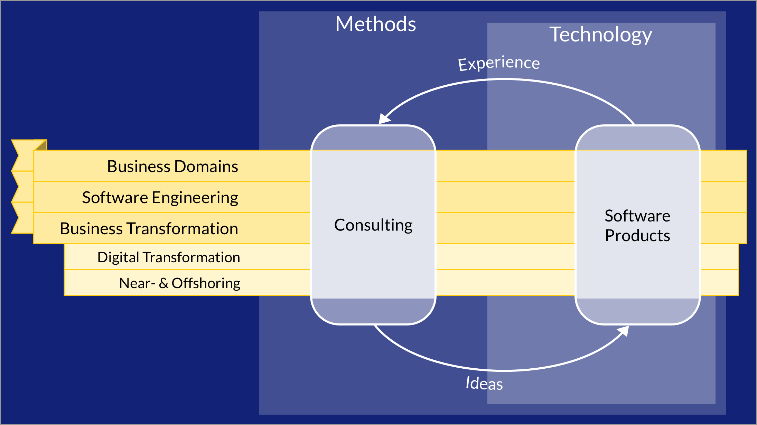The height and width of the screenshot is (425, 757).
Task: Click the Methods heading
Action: (x=376, y=24)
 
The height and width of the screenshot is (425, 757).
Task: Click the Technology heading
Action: (x=601, y=35)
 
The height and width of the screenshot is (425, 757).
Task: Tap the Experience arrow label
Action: (x=499, y=63)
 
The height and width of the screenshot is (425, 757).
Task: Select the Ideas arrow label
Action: (x=484, y=383)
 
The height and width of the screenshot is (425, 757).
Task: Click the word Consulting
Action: (x=373, y=225)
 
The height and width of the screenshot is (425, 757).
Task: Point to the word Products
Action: (x=637, y=236)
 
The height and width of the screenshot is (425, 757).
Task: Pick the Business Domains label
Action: (x=172, y=167)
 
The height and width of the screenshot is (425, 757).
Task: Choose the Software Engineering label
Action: (x=160, y=198)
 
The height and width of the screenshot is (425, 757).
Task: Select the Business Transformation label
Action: (x=149, y=229)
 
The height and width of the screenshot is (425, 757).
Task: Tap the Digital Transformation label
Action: (x=169, y=258)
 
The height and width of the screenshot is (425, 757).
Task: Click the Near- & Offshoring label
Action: (x=180, y=283)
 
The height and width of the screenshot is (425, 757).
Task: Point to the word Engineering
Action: (x=195, y=198)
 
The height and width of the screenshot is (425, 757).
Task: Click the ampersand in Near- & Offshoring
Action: (x=163, y=283)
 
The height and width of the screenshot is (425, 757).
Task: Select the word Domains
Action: (x=206, y=167)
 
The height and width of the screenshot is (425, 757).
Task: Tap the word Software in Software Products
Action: (x=637, y=216)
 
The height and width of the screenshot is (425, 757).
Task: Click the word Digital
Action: (x=119, y=258)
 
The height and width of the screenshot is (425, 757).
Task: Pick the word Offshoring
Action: (x=206, y=283)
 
